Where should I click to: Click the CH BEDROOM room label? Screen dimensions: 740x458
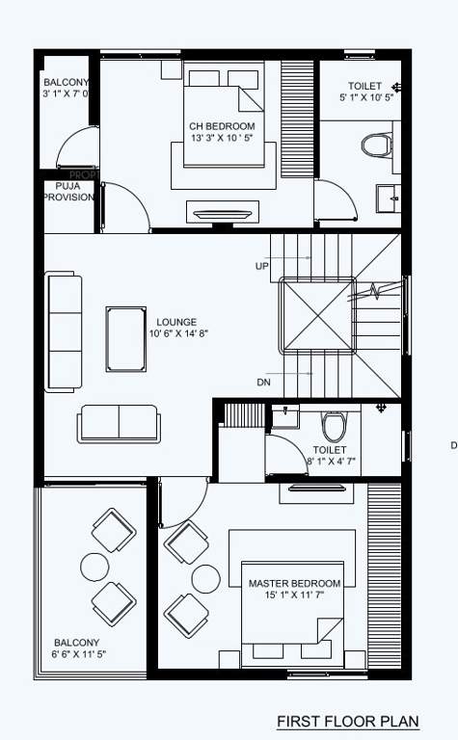coord(222,126)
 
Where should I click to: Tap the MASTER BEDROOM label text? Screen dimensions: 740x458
coord(294,584)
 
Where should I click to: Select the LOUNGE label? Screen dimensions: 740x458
coord(176,322)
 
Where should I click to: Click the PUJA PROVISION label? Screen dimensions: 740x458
coord(67,191)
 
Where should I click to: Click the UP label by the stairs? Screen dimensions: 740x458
coord(262,266)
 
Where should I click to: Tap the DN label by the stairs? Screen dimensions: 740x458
coord(263,383)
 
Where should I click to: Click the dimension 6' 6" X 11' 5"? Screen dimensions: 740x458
coord(76,654)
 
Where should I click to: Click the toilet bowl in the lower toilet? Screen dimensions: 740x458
coord(333,425)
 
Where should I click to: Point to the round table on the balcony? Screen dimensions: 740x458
coord(95,566)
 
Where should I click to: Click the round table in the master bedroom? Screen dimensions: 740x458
coord(205,578)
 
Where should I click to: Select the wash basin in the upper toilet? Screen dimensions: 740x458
coord(389,198)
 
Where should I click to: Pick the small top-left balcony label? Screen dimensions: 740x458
coord(66,83)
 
